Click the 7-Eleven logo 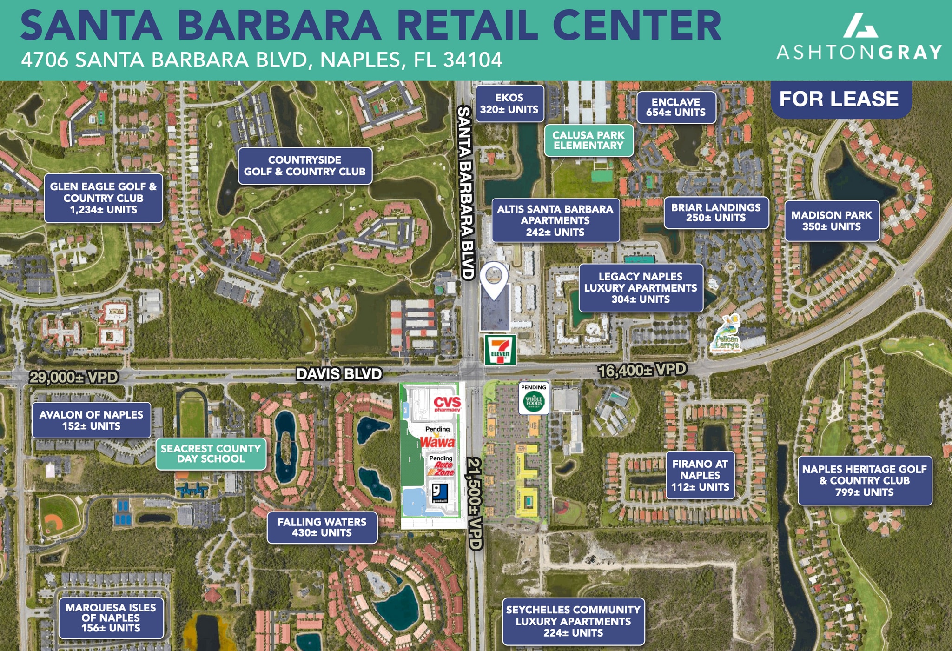(500, 350)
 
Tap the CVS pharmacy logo (447, 404)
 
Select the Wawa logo (437, 442)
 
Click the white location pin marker (494, 279)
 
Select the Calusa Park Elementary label (588, 140)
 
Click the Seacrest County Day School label (211, 454)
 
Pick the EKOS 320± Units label (509, 104)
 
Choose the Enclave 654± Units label (675, 107)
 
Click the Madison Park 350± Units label (832, 221)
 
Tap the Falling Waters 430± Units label (322, 527)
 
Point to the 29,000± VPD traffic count (73, 377)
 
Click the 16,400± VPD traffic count (642, 371)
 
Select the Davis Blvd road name (339, 373)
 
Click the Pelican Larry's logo (726, 335)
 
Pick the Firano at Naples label (700, 475)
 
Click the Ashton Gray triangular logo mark (860, 26)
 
